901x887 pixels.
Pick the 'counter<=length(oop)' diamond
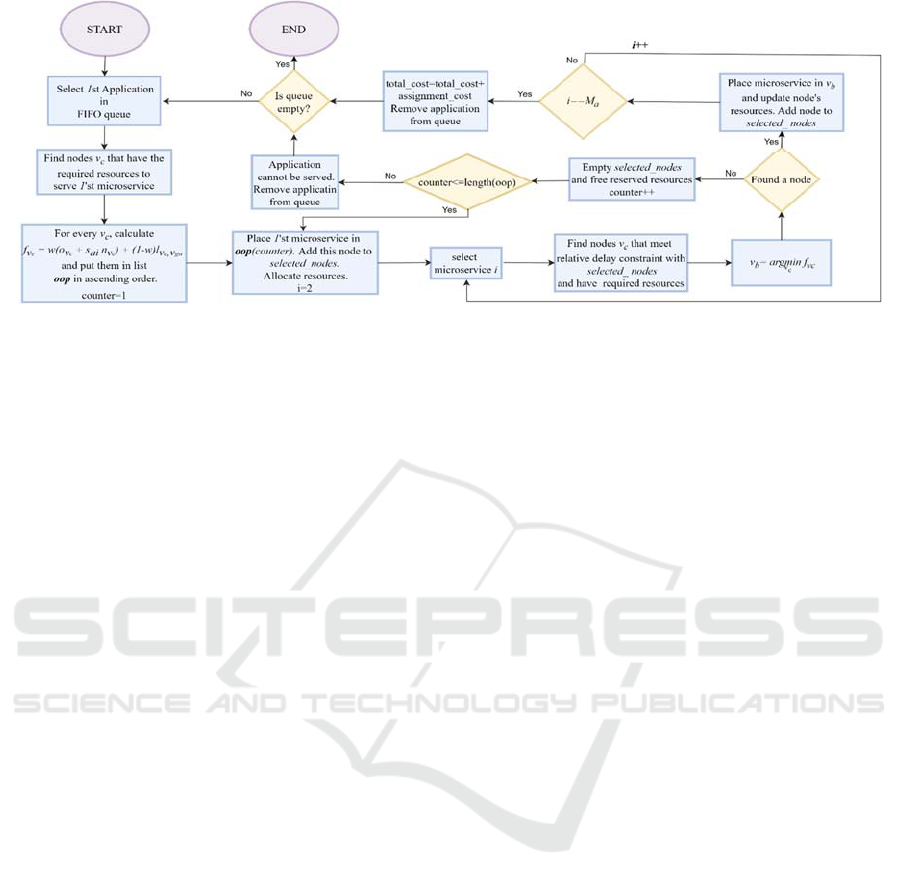[465, 181]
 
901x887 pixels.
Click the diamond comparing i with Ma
[582, 100]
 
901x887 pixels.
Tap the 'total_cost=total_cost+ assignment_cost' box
[435, 101]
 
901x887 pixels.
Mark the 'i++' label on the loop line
[641, 46]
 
